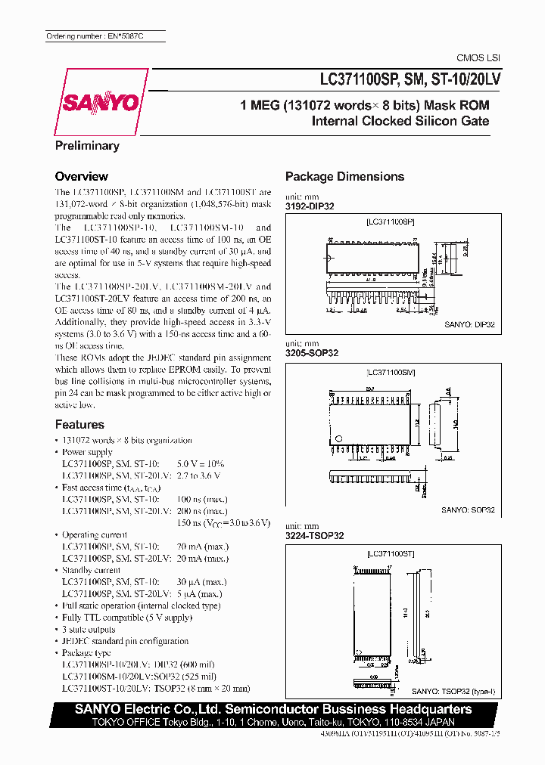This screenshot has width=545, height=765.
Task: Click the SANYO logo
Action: tap(104, 101)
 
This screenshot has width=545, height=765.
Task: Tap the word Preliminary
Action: tap(87, 145)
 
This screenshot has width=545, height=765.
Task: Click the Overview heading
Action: tap(82, 176)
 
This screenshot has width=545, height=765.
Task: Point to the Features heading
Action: tap(79, 425)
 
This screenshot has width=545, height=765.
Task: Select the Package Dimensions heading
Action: tap(344, 176)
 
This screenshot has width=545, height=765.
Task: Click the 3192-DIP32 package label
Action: tap(310, 206)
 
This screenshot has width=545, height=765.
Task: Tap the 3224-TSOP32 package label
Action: tap(314, 535)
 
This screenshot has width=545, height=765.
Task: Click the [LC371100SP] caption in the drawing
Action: tap(390, 221)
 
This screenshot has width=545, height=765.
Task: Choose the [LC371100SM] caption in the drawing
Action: tap(390, 373)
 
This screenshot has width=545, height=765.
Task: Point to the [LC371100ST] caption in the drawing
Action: tap(390, 554)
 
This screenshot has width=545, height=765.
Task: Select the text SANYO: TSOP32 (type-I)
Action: tap(452, 692)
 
